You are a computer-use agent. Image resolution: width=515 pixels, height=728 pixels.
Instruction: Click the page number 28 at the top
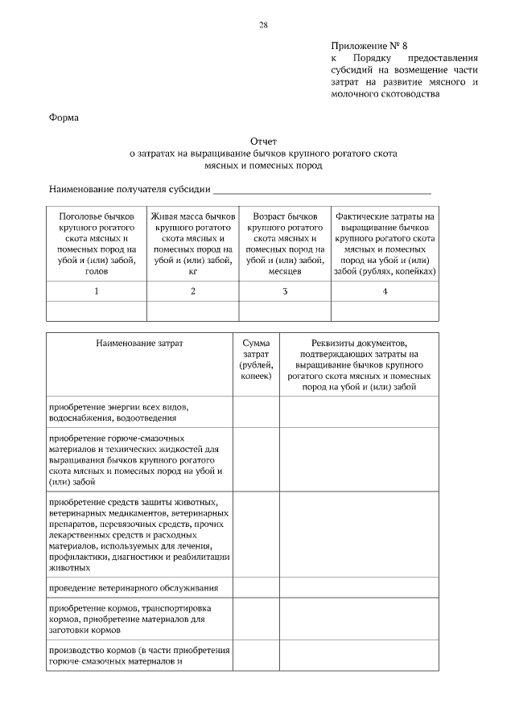(x=263, y=25)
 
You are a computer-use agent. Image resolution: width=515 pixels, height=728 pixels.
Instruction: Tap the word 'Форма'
(x=64, y=118)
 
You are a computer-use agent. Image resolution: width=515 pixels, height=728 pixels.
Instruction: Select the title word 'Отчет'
(x=263, y=141)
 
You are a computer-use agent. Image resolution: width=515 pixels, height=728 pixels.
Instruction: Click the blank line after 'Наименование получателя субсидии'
(x=322, y=190)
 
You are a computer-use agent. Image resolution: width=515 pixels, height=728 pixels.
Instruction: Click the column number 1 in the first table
(x=97, y=291)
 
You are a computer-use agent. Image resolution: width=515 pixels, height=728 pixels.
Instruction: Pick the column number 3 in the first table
(x=285, y=291)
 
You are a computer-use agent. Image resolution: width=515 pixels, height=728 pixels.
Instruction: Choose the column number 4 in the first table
(x=385, y=291)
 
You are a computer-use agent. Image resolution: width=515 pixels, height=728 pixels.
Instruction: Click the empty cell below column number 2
(x=193, y=311)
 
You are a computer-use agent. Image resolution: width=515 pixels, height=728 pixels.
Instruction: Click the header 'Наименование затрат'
(x=140, y=343)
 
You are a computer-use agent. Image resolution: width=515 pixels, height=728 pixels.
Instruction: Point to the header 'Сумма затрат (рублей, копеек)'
(x=256, y=359)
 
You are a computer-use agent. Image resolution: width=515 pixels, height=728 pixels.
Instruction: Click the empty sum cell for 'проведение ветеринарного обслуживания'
(x=256, y=588)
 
